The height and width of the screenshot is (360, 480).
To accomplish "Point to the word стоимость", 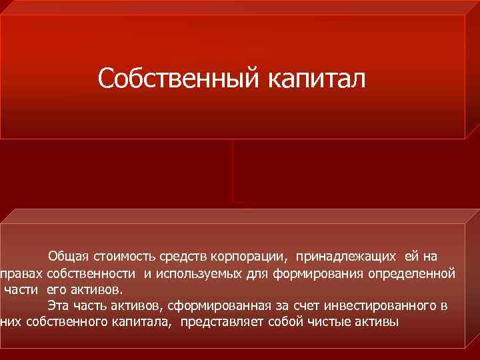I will (117, 256).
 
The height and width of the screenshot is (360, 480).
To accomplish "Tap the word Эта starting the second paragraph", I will (57, 306).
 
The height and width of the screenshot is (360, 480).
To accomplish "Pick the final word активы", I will (376, 323).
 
